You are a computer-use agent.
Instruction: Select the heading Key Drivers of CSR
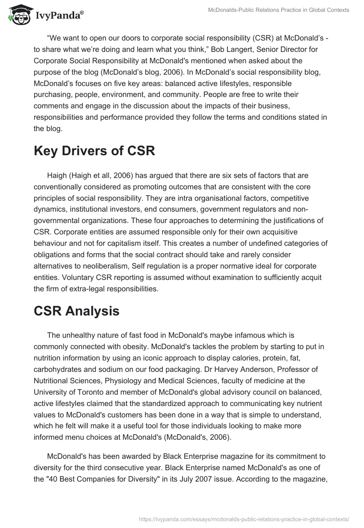coord(94,151)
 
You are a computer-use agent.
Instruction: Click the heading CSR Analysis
coord(76,311)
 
